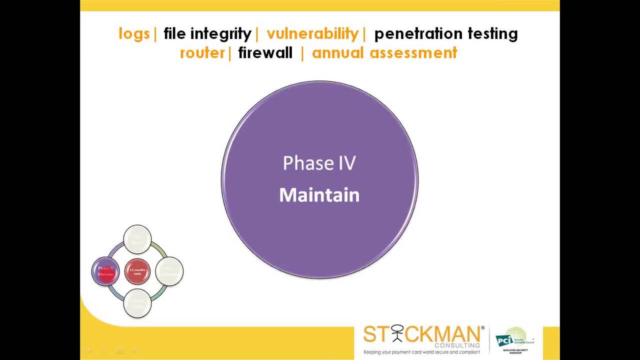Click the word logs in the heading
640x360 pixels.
coord(134,34)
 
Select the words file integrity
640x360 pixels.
coord(207,34)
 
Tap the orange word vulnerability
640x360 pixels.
coord(312,34)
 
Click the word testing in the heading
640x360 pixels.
coord(492,34)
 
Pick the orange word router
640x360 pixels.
coord(202,53)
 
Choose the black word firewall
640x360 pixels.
coord(265,53)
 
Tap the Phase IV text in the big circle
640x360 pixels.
coord(319,163)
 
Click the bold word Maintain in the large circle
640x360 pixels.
coord(319,195)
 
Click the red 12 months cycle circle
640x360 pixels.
coord(137,271)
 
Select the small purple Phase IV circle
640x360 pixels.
coord(105,271)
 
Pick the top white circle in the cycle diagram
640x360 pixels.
coord(137,239)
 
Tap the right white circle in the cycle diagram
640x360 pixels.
coord(169,271)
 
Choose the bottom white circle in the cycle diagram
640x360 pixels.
coord(137,303)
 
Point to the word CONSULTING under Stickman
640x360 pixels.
coord(457,345)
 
